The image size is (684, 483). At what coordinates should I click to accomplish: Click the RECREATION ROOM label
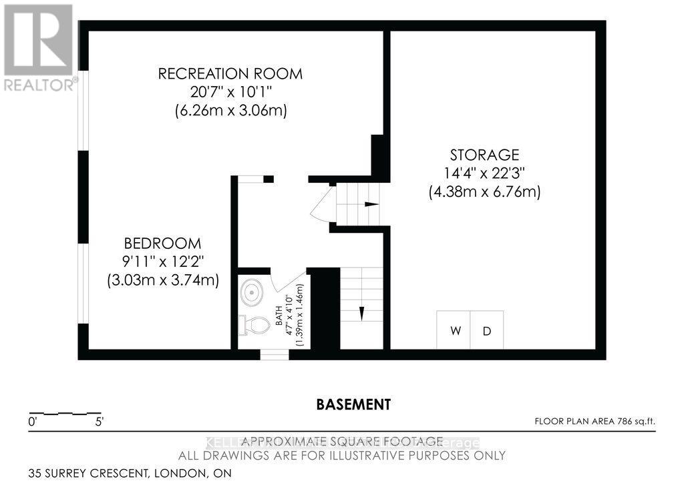pyautogui.click(x=230, y=73)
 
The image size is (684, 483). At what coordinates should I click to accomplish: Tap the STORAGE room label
pyautogui.click(x=484, y=155)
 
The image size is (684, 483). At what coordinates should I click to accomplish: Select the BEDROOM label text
pyautogui.click(x=163, y=244)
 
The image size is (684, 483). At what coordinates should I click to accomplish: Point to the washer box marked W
pyautogui.click(x=455, y=330)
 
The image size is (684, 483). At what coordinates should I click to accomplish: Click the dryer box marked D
pyautogui.click(x=487, y=330)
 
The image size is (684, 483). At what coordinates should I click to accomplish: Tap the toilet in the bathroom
pyautogui.click(x=253, y=326)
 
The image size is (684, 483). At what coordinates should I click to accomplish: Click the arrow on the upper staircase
pyautogui.click(x=369, y=204)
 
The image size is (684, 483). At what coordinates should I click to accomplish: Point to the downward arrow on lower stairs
pyautogui.click(x=361, y=312)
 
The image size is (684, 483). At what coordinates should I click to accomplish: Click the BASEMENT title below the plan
pyautogui.click(x=353, y=404)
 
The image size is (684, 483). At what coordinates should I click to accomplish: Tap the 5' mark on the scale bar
pyautogui.click(x=99, y=422)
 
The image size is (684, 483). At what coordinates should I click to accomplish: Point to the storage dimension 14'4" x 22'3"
pyautogui.click(x=484, y=173)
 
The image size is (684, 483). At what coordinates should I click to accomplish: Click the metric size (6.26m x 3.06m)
pyautogui.click(x=230, y=111)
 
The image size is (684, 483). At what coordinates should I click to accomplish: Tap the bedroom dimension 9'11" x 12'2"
pyautogui.click(x=163, y=262)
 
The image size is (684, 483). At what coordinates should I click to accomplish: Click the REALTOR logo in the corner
pyautogui.click(x=38, y=47)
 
